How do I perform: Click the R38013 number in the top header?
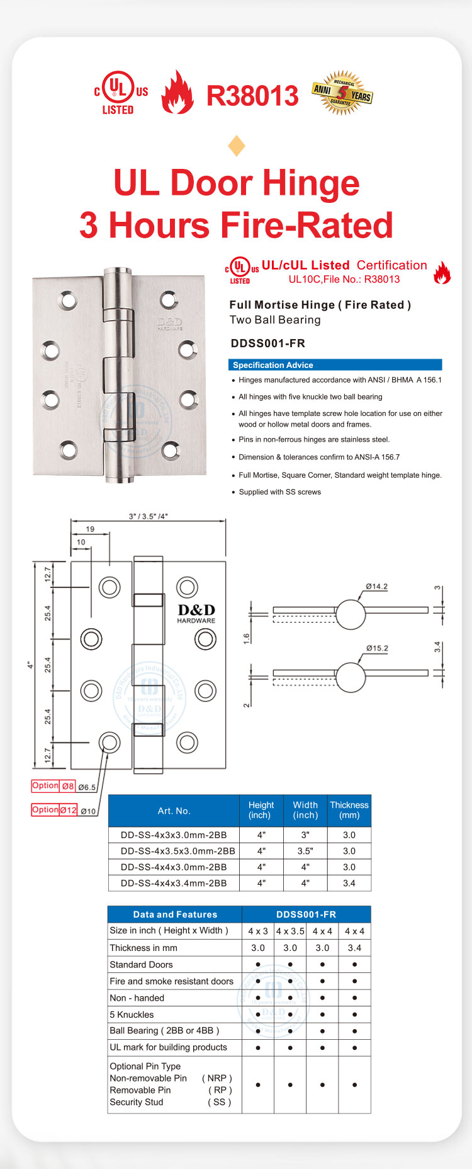(252, 96)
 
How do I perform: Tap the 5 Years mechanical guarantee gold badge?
(342, 93)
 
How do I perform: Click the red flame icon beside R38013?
(177, 93)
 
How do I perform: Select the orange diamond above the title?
(237, 146)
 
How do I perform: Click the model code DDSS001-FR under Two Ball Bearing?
(267, 343)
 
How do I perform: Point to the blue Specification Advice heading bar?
(335, 365)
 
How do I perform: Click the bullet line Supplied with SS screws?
(279, 492)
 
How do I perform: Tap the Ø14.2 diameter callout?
(376, 586)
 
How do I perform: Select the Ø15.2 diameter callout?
(376, 648)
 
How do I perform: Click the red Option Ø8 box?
(53, 786)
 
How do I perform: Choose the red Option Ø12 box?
(54, 810)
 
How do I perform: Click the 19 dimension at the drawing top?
(90, 529)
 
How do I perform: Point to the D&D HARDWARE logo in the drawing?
(196, 613)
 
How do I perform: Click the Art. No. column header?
(174, 811)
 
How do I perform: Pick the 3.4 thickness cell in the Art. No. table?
(349, 884)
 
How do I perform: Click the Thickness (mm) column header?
(349, 810)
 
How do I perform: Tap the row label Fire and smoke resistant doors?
(171, 981)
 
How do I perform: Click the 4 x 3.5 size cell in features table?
(290, 931)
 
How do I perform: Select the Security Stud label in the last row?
(137, 1102)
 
